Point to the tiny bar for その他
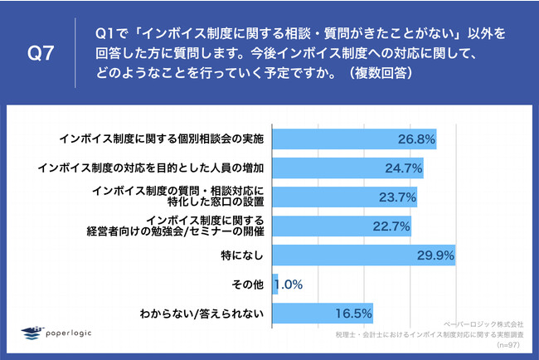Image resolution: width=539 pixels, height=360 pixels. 274,285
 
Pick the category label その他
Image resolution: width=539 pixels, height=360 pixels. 248,285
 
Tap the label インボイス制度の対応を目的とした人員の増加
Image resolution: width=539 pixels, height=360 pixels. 153,168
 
